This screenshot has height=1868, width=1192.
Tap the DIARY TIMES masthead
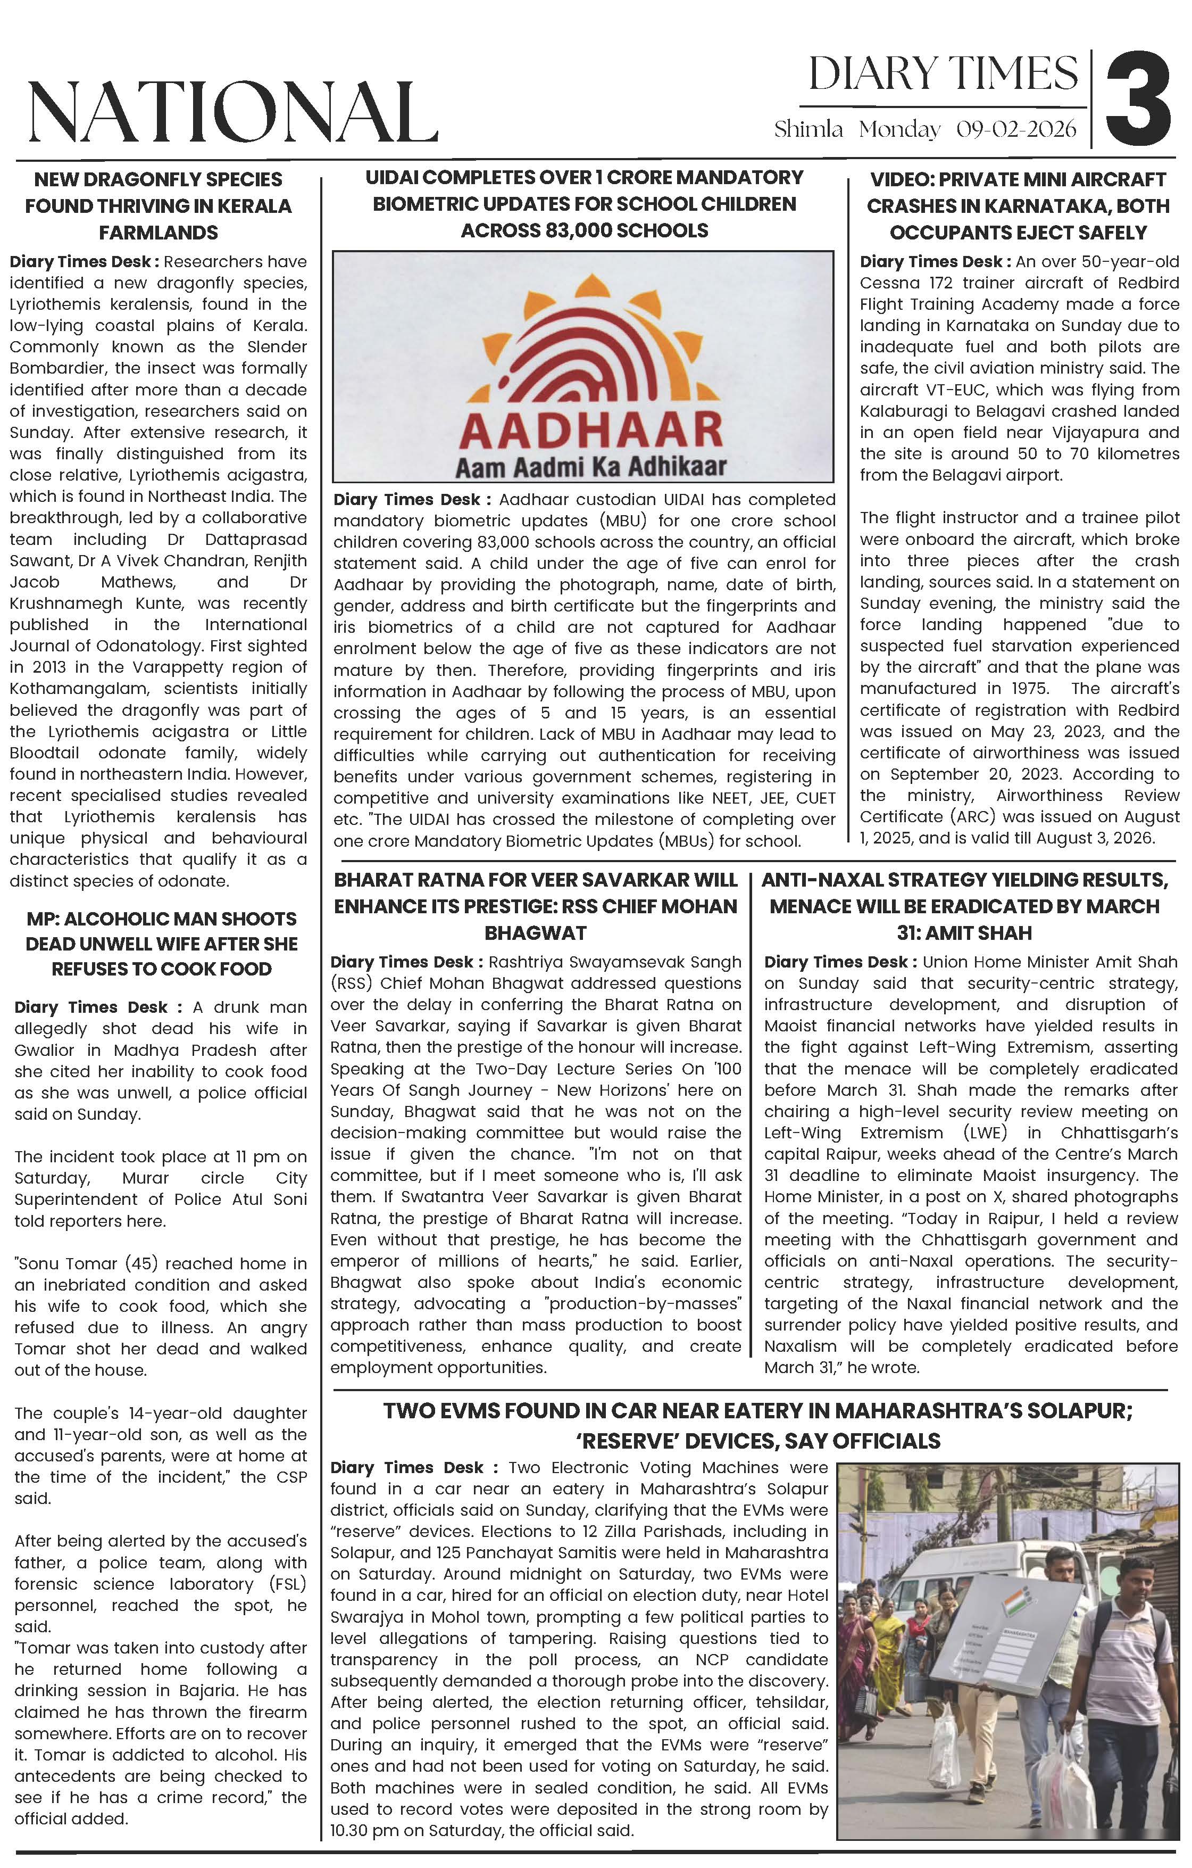943,75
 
